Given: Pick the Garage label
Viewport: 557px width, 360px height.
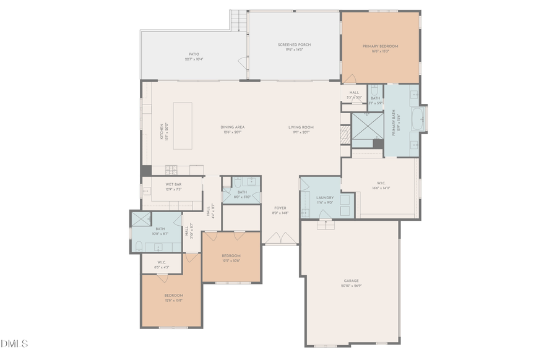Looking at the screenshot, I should click(x=351, y=283).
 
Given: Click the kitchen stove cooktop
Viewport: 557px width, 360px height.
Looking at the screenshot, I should click(x=170, y=169).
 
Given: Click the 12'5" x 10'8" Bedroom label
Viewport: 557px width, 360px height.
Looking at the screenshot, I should click(x=231, y=257).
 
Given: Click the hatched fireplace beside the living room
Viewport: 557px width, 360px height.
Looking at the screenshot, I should click(x=345, y=135).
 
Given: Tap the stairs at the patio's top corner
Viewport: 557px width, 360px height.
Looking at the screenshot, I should click(x=238, y=20).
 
